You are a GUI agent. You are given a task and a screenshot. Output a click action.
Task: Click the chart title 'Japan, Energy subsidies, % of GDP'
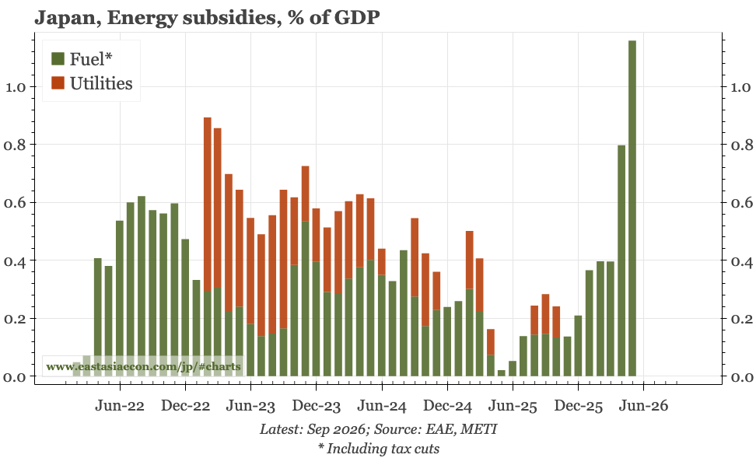[207, 18]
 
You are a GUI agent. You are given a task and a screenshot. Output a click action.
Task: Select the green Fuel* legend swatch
[58, 58]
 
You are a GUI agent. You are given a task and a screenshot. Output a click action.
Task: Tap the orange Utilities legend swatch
[58, 83]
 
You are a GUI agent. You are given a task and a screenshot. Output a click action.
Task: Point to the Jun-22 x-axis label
[121, 406]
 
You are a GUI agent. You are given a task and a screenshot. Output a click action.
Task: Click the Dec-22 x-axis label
[186, 406]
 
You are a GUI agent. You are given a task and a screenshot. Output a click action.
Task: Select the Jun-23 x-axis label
[251, 406]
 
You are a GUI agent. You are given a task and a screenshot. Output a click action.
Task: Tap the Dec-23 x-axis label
[317, 406]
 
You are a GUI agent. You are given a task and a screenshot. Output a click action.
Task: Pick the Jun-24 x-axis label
[382, 406]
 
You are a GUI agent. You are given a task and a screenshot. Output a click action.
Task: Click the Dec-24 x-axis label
[448, 406]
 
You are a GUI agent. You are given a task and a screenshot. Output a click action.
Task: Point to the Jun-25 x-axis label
[513, 406]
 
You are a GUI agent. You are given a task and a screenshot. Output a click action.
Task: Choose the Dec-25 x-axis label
[579, 406]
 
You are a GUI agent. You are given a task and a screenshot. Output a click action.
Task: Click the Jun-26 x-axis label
[644, 406]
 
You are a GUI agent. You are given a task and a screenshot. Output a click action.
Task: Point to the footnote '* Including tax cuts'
[378, 449]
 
